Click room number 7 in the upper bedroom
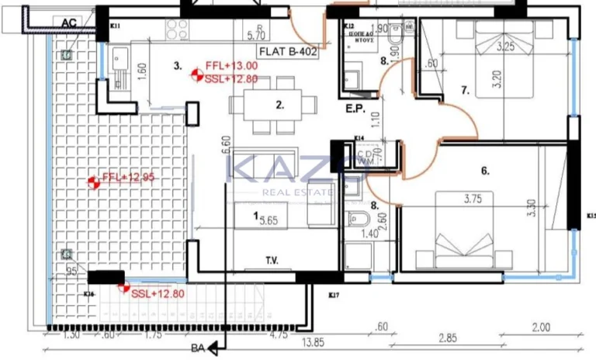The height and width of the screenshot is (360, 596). (x=466, y=91)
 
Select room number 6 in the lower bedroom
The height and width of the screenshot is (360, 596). (x=483, y=171)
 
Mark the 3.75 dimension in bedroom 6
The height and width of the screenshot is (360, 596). (x=473, y=199)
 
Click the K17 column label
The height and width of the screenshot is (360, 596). (x=334, y=295)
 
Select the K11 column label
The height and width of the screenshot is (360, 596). (x=116, y=26)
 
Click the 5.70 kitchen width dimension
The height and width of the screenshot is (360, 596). (x=256, y=35)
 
